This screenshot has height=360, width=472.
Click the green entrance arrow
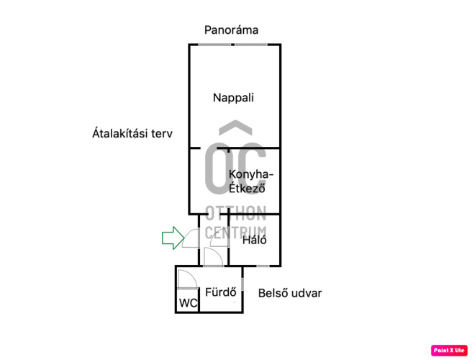pos(173,238)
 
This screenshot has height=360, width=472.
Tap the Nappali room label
pos(233,98)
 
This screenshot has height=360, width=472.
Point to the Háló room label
pos(255,240)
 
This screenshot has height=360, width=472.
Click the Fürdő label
pos(221,292)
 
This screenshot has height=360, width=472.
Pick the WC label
pos(188,303)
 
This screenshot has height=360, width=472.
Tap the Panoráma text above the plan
pos(231,30)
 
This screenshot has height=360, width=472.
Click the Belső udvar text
pos(290,293)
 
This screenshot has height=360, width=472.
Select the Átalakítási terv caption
pos(132,134)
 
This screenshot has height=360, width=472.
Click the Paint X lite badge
pos(449,350)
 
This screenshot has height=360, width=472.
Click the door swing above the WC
pos(186,279)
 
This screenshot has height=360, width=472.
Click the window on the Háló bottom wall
pos(263,266)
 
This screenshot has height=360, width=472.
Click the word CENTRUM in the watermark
pos(235,232)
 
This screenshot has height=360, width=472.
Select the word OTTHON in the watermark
pos(235,213)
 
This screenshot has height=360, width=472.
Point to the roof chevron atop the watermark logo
pos(235,127)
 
